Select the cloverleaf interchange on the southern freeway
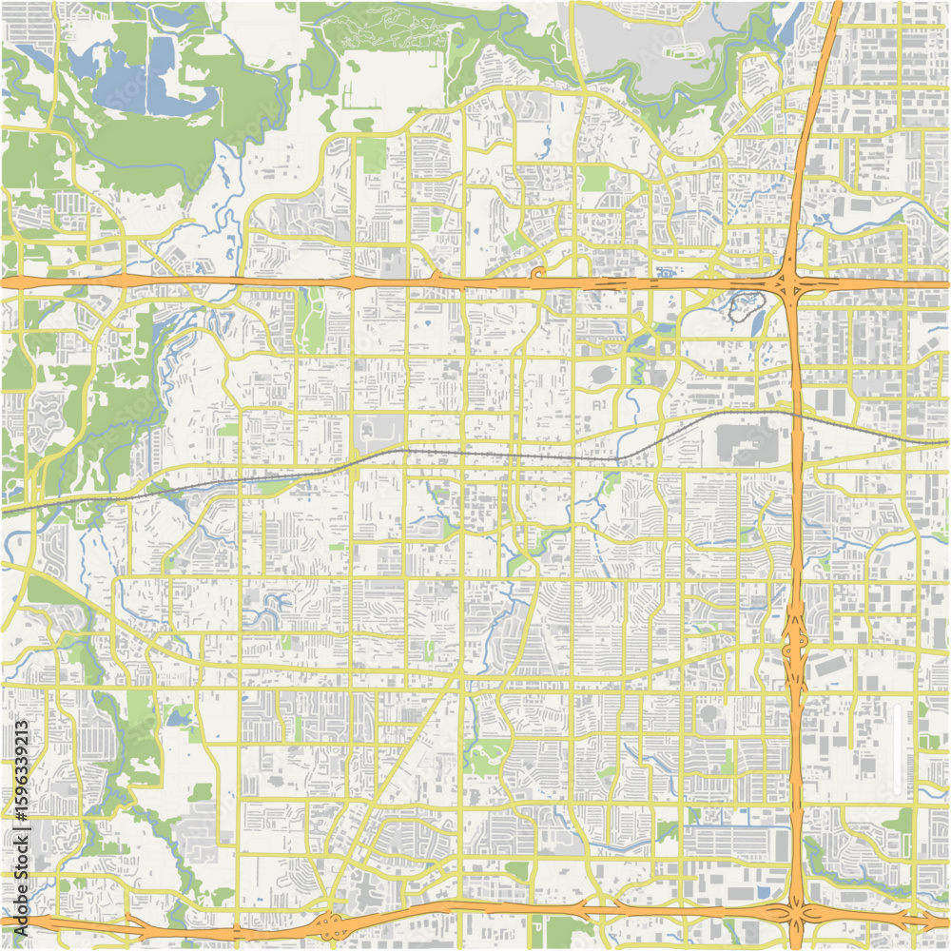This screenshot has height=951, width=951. (x=331, y=922)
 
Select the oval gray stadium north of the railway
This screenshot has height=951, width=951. (x=602, y=375)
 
